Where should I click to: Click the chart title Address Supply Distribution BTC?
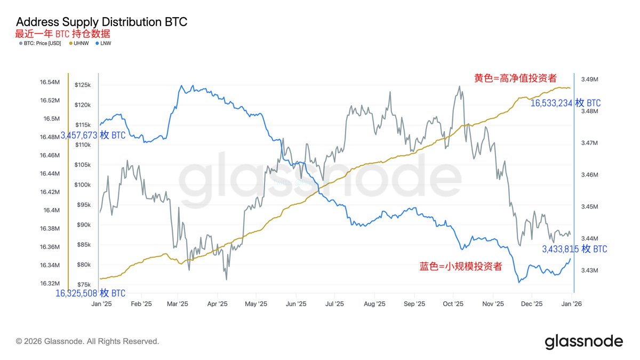click(101, 22)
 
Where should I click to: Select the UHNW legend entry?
click(79, 43)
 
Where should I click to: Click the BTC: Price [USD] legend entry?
click(42, 43)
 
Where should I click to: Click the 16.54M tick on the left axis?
click(50, 82)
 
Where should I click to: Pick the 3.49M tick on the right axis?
click(589, 79)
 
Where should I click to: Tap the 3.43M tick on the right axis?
click(589, 270)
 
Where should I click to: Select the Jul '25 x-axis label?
click(334, 304)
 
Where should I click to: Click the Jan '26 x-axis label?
click(572, 304)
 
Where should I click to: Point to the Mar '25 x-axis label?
click(177, 304)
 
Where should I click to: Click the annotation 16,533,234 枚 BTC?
click(565, 103)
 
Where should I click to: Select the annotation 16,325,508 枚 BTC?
click(91, 293)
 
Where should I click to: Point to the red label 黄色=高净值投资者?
click(515, 78)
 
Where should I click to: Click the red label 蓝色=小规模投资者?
click(461, 267)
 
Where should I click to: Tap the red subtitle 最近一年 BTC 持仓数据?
click(63, 34)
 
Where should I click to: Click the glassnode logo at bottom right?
click(583, 341)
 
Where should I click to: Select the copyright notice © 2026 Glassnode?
click(87, 341)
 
